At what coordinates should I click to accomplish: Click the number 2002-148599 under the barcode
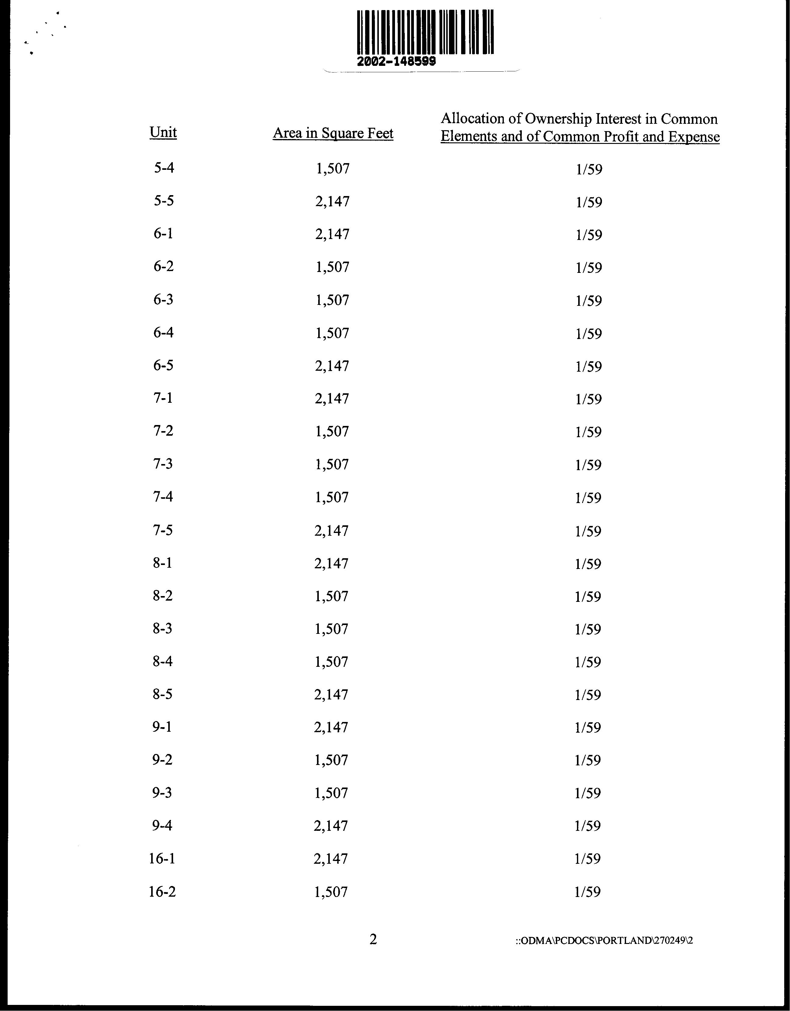[396, 62]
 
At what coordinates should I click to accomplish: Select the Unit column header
[163, 132]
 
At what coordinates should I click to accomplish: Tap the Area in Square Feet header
[333, 133]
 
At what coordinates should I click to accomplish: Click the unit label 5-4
[164, 168]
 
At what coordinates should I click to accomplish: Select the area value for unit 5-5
[332, 201]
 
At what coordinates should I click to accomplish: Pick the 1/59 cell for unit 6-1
[589, 235]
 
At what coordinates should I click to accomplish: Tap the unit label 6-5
[163, 365]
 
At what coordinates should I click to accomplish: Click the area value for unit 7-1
[332, 398]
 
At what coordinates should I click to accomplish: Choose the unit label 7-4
[163, 497]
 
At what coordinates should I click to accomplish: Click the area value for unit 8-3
[331, 629]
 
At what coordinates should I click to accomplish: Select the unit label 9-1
[162, 727]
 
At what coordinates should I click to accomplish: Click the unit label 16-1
[162, 859]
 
